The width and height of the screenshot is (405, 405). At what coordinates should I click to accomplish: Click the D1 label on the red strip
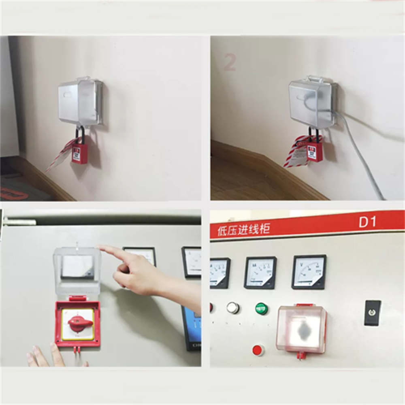[x=367, y=222]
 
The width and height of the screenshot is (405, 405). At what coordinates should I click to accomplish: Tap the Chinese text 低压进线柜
[x=240, y=230]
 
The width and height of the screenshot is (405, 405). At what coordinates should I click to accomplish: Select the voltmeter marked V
[x=309, y=272]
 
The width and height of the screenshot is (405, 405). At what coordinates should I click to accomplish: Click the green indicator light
[x=261, y=309]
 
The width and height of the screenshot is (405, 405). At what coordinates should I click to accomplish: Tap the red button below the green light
[x=258, y=350]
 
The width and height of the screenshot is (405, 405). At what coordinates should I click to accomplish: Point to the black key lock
[x=372, y=313]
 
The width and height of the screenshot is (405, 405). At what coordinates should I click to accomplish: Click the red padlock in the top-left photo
[x=80, y=153]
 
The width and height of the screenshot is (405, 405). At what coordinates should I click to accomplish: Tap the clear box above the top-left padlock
[x=80, y=102]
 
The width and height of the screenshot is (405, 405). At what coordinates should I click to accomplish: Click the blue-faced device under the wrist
[x=191, y=328]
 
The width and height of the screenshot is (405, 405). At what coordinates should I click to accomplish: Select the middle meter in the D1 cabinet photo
[x=260, y=273]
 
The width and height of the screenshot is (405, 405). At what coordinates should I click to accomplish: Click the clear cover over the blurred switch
[x=301, y=329]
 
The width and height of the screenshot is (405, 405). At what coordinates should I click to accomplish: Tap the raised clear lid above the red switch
[x=77, y=270]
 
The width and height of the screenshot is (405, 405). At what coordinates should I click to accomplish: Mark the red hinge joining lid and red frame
[x=77, y=298]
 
